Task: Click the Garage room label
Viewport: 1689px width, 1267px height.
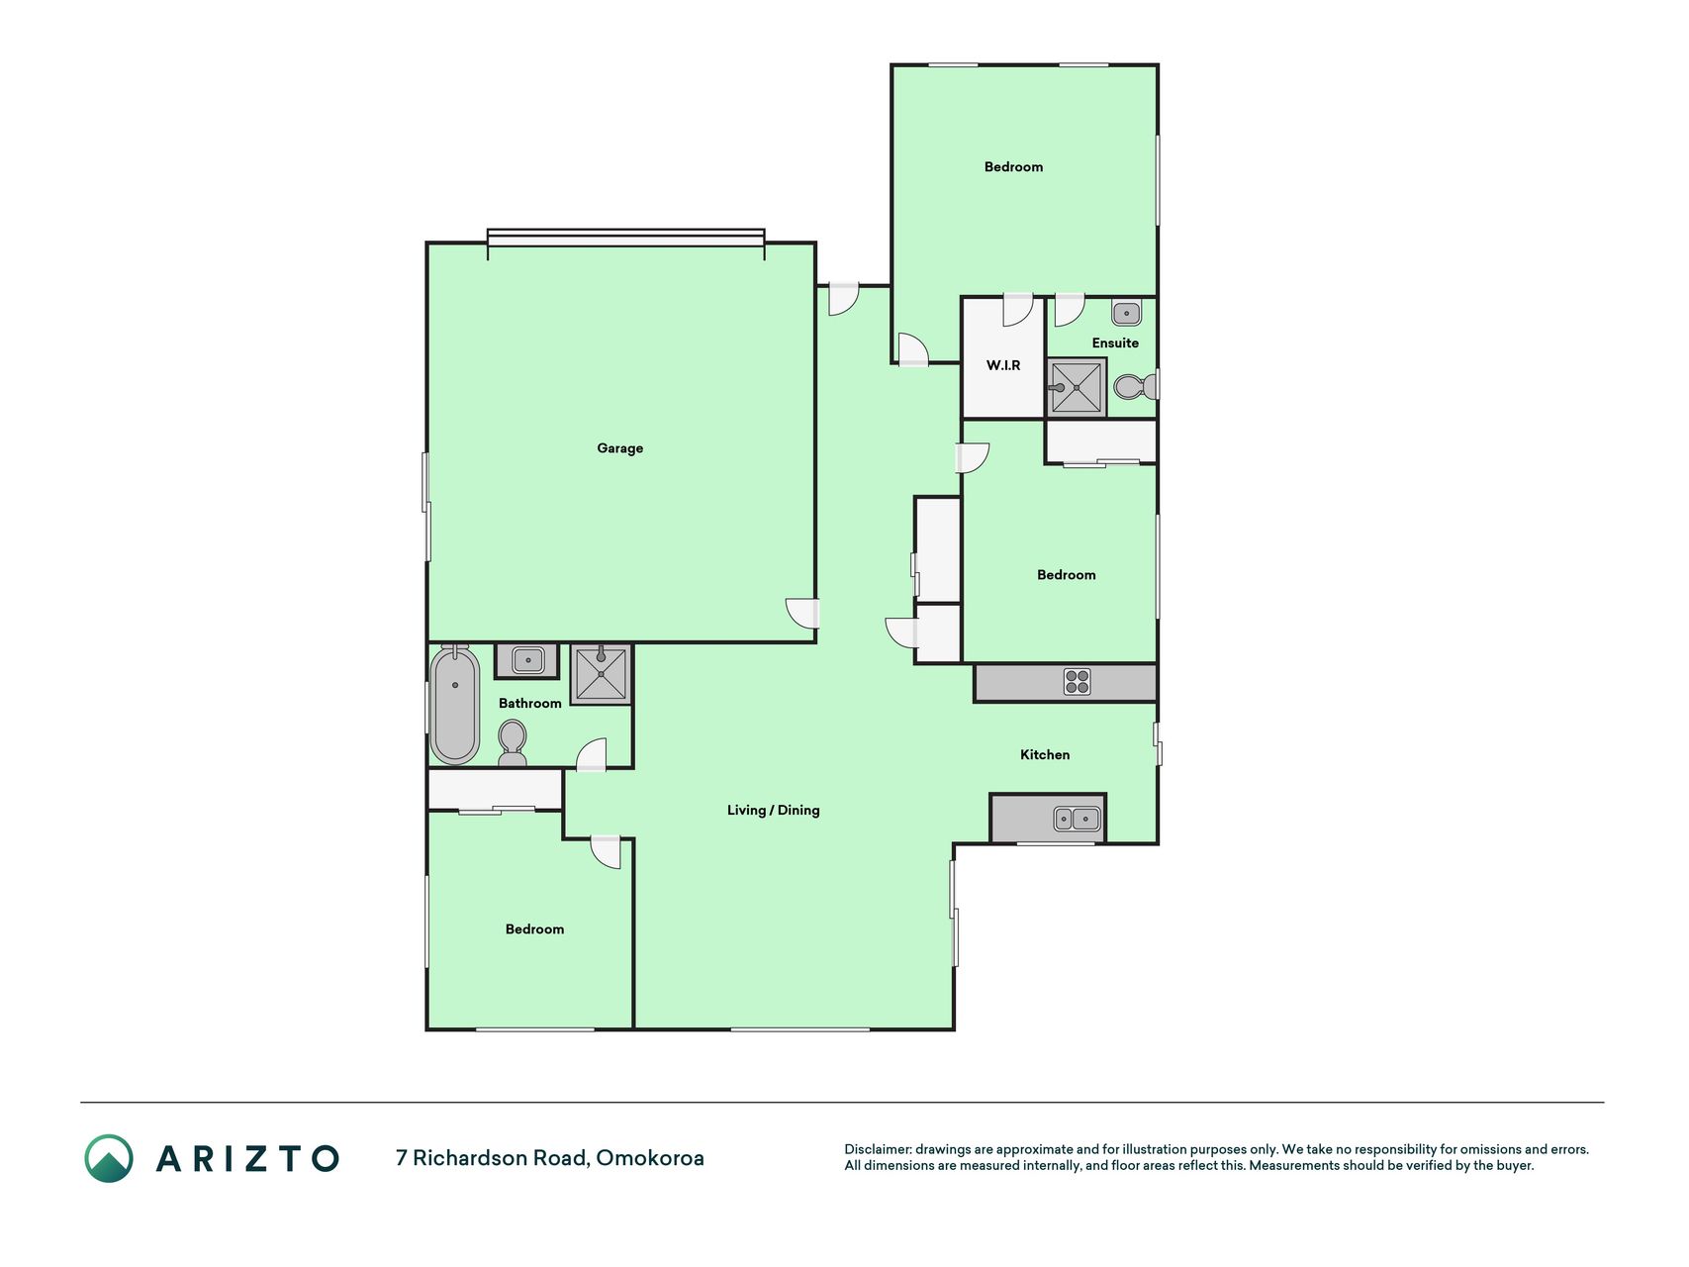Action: pos(620,448)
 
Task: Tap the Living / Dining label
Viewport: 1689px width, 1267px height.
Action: pos(774,810)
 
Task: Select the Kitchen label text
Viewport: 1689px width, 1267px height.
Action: pos(1045,754)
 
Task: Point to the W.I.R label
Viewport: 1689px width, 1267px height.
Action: pos(1003,365)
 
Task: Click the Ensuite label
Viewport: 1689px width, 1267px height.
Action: pos(1115,342)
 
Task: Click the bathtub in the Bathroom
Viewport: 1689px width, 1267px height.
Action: pos(455,704)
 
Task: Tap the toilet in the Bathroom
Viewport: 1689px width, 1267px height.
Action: pos(512,742)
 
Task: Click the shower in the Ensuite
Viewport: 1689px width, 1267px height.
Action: pos(1077,388)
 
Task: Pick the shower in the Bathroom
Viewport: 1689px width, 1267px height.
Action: pos(601,674)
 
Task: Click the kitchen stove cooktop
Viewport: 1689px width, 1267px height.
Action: pos(1077,682)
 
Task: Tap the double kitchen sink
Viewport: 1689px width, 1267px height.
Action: pos(1077,819)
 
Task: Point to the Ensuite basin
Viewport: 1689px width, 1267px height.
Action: pos(1126,314)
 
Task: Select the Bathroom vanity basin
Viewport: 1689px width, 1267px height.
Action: pos(527,660)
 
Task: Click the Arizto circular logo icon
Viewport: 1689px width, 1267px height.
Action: pos(109,1158)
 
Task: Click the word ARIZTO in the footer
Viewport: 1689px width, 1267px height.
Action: pos(247,1158)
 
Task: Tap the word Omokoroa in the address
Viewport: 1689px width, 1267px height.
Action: pos(650,1157)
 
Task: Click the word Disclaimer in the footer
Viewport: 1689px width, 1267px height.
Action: pos(878,1149)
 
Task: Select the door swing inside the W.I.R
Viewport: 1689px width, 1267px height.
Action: pos(1018,311)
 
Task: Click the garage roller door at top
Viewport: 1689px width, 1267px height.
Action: pos(626,238)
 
